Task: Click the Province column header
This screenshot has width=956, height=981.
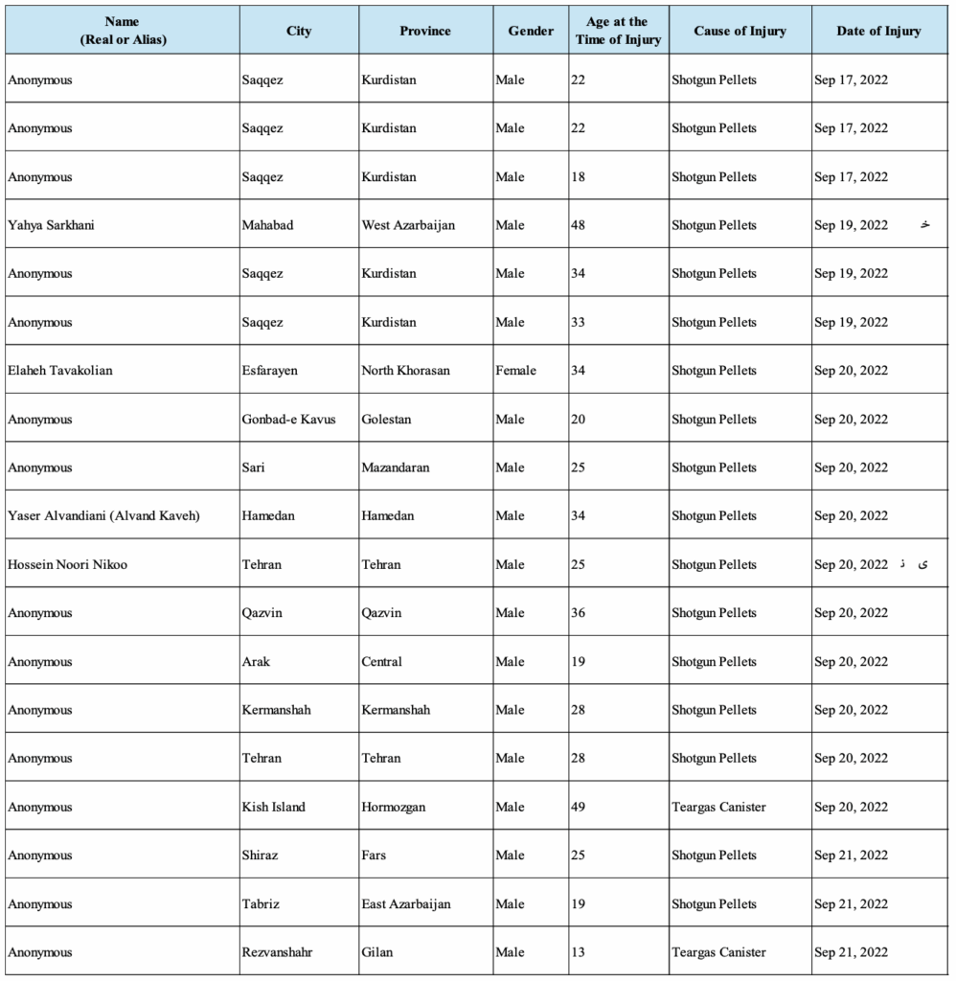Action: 425,31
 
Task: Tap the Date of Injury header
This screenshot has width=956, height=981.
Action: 878,31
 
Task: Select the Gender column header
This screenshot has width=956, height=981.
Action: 531,31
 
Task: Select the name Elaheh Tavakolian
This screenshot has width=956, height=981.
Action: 60,371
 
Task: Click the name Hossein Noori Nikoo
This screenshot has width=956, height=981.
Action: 67,564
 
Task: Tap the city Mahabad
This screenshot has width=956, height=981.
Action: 268,225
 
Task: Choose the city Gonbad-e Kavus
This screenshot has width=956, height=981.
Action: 289,419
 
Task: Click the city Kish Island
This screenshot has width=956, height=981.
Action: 274,807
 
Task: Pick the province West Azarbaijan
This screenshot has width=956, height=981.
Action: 408,225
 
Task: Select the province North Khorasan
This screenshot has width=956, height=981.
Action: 406,371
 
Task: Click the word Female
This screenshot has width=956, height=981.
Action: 516,371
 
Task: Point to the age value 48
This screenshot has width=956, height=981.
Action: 578,225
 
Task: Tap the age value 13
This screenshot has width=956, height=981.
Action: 578,952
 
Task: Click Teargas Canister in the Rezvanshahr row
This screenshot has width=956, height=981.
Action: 718,952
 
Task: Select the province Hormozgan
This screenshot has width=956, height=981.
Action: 394,807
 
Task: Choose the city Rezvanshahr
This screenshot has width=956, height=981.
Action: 278,952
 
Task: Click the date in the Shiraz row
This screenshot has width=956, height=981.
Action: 851,856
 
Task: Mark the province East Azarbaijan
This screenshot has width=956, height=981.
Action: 406,903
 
